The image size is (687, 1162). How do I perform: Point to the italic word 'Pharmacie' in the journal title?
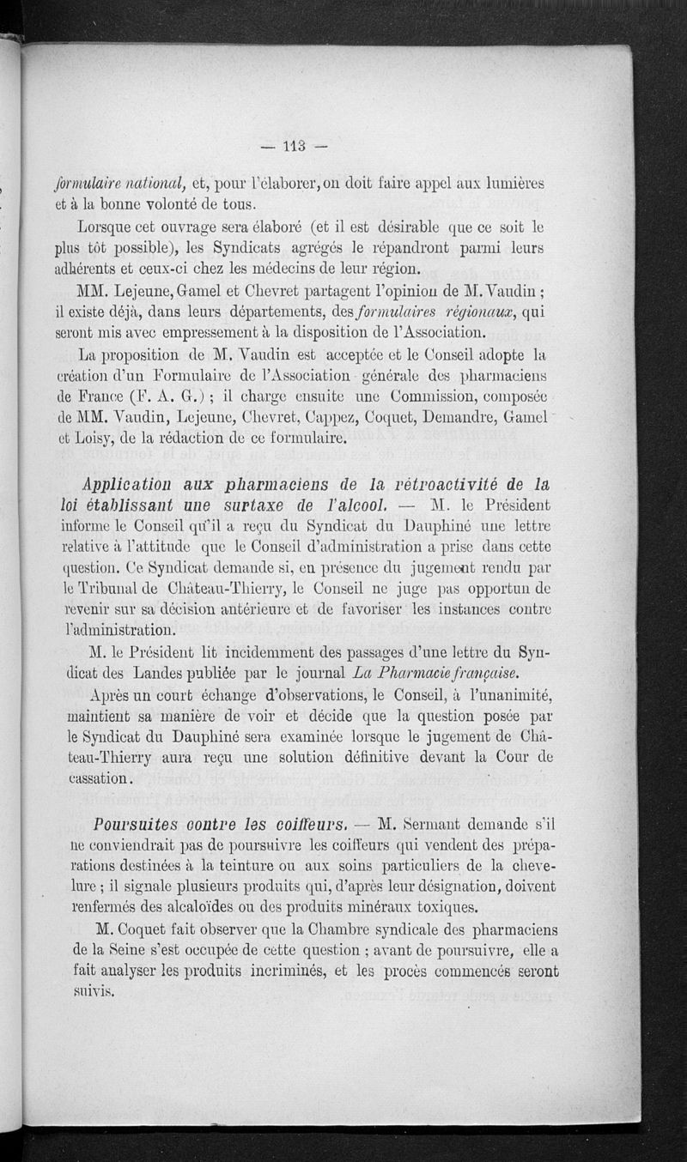[x=416, y=674]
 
